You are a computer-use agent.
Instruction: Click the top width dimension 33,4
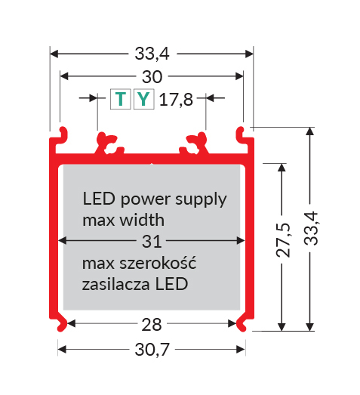152,54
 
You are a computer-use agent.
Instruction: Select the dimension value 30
152,77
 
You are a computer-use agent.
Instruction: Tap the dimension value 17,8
176,100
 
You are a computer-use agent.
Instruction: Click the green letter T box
120,99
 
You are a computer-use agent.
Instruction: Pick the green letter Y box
143,99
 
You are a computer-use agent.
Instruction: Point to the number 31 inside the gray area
152,242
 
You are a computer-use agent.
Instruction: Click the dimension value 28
152,325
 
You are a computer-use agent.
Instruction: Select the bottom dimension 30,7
152,350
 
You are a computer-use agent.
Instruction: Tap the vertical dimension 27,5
283,240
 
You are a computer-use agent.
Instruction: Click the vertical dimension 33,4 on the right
311,228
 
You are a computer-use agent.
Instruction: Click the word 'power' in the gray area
145,200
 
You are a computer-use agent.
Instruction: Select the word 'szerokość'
158,263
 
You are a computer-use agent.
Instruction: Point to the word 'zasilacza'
115,284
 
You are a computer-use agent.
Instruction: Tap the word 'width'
142,220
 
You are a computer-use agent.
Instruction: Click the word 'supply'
201,200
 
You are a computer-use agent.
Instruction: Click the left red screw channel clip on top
108,143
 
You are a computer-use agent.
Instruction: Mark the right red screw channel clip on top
194,143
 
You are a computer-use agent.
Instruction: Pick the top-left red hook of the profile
63,133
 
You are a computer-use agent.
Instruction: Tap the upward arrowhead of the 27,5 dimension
282,168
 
